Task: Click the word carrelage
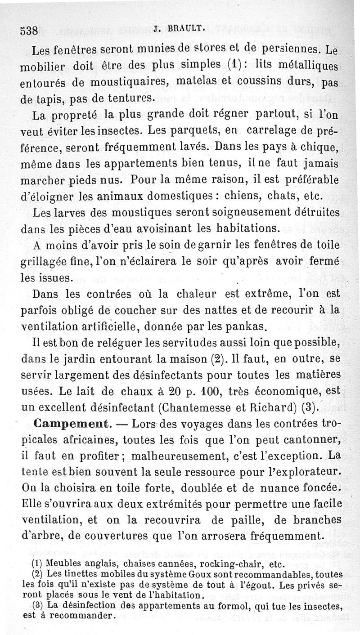(x=273, y=131)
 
